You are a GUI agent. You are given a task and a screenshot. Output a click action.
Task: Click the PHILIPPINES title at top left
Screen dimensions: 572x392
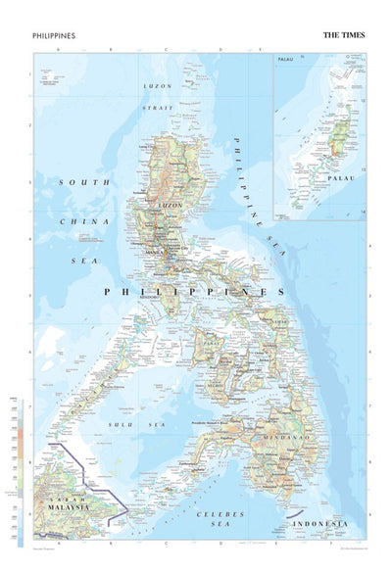coord(54,35)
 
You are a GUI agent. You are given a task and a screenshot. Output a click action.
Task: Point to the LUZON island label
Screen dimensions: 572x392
coord(171,204)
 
